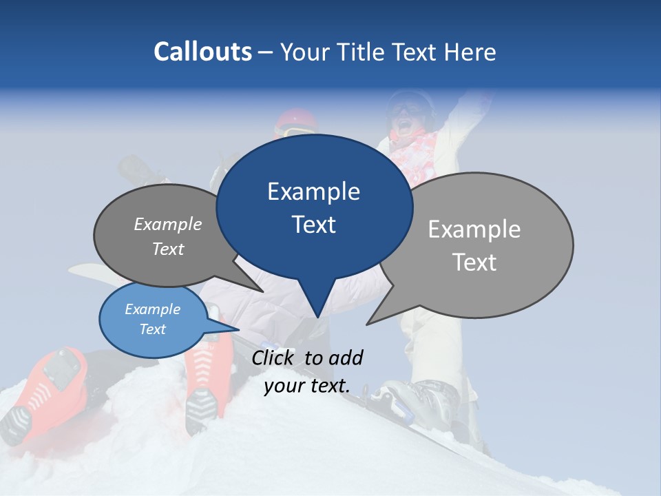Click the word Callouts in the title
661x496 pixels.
click(x=202, y=52)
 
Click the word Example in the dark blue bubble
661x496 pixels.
click(x=313, y=192)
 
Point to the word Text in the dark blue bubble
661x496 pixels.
click(x=313, y=225)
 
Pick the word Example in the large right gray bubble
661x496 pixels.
click(x=474, y=229)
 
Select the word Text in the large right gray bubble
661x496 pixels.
click(x=474, y=262)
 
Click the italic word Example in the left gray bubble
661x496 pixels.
click(x=168, y=225)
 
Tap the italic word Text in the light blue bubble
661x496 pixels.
click(x=153, y=329)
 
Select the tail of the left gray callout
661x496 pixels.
click(x=251, y=282)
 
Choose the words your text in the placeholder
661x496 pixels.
click(x=306, y=386)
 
